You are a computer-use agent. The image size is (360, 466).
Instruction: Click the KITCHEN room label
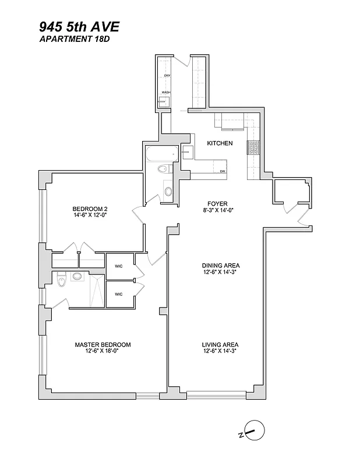[x=220, y=143]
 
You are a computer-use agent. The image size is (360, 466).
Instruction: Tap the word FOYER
[x=217, y=204]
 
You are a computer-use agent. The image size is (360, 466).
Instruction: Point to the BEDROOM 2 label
[x=90, y=209]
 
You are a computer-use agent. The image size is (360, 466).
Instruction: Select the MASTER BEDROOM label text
[x=103, y=345]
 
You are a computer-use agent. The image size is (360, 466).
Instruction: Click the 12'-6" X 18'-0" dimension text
[x=103, y=351]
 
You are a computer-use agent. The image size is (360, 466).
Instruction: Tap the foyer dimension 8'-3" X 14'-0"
[x=217, y=210]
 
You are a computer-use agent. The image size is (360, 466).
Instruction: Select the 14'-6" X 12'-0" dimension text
[x=90, y=216]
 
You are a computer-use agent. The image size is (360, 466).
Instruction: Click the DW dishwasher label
[x=223, y=171]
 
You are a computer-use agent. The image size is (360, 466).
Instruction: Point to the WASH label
[x=166, y=93]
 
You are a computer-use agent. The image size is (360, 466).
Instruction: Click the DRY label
[x=167, y=76]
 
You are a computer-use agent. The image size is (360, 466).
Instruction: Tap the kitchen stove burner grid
[x=255, y=148]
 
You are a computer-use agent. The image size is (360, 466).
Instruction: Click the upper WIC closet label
[x=118, y=266]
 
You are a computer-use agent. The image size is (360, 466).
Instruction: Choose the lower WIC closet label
[x=118, y=294]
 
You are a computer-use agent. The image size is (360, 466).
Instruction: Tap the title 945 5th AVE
[x=79, y=26]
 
